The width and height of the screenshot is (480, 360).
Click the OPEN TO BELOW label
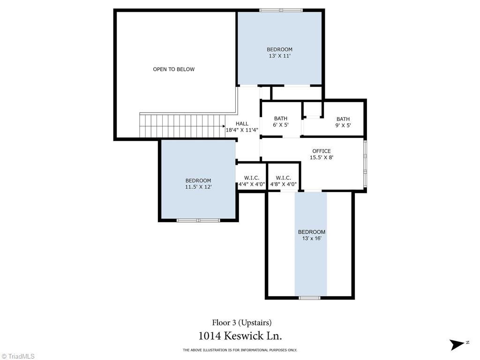(x=173, y=69)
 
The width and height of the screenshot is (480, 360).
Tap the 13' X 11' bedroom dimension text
(x=279, y=56)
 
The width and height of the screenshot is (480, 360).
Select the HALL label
(x=242, y=124)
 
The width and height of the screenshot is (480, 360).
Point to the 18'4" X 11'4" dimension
(x=242, y=130)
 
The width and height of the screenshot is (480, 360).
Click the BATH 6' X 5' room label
(x=281, y=121)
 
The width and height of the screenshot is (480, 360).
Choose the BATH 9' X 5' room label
(x=343, y=122)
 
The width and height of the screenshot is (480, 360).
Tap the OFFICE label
(x=322, y=151)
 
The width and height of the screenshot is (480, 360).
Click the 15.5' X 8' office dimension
(x=322, y=157)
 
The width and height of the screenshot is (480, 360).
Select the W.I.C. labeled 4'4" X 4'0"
(x=252, y=181)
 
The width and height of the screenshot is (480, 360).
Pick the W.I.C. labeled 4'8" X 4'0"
(x=283, y=181)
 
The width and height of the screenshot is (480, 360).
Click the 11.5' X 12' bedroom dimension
(x=198, y=187)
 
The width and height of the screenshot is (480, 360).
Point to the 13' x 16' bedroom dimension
(x=312, y=238)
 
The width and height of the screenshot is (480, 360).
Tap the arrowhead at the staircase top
(x=224, y=126)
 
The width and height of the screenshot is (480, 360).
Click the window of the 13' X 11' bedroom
(x=281, y=10)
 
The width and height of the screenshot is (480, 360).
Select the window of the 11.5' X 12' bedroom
(x=198, y=220)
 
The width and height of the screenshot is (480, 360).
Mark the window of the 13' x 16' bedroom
(x=309, y=298)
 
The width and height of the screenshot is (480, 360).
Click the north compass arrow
(x=457, y=345)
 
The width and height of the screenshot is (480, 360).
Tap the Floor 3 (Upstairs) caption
(x=242, y=322)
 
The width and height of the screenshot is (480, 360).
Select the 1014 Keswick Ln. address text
(x=240, y=336)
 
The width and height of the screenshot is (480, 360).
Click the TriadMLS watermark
(x=18, y=356)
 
